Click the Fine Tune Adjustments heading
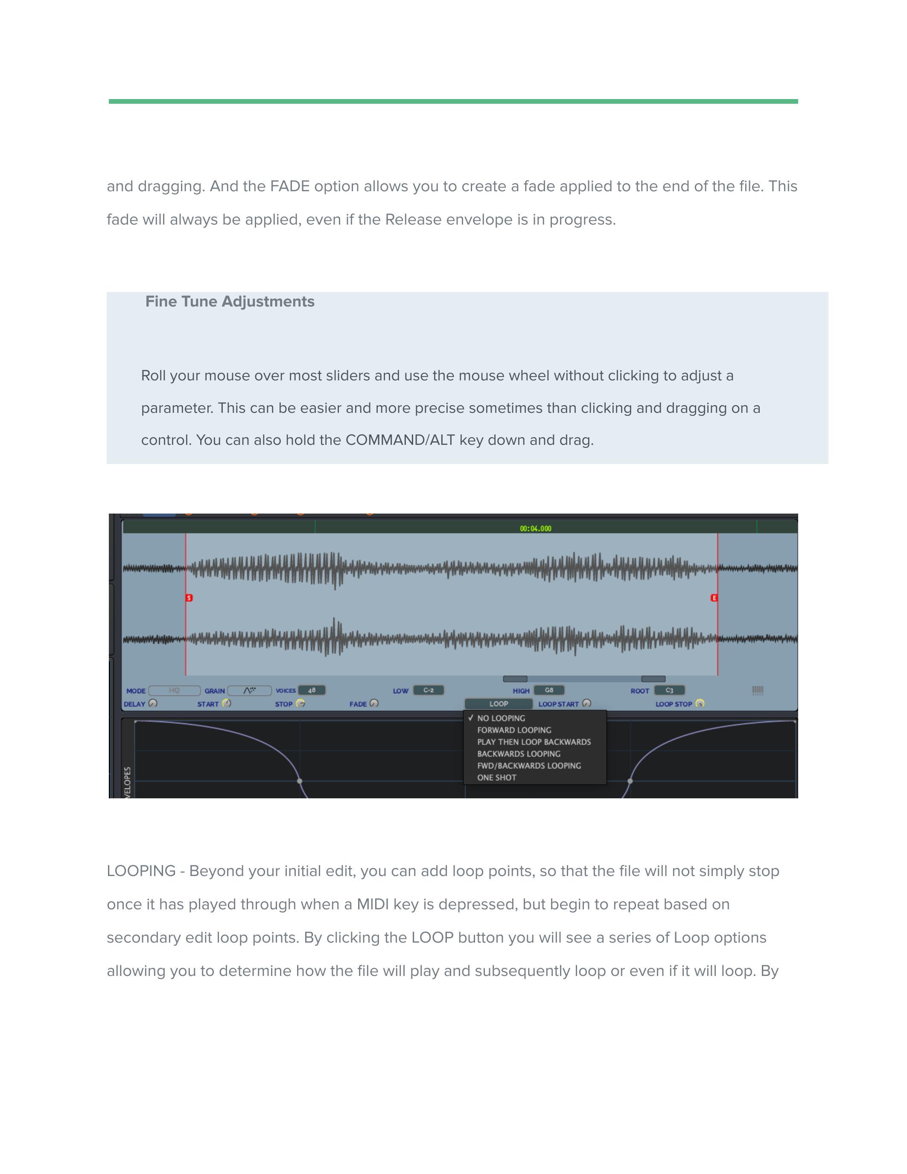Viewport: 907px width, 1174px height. click(x=230, y=301)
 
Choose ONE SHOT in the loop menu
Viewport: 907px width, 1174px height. click(x=496, y=777)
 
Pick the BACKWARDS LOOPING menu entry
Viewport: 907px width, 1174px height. click(x=519, y=753)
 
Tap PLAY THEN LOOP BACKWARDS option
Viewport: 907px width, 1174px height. click(x=534, y=742)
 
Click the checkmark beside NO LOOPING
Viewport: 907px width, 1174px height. click(x=471, y=718)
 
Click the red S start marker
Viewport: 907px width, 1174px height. click(x=189, y=598)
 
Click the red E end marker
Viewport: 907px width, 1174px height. click(x=714, y=598)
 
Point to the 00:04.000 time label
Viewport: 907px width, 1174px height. click(x=535, y=529)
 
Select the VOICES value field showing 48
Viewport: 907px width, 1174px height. click(x=312, y=690)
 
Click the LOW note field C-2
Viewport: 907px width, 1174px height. click(x=428, y=690)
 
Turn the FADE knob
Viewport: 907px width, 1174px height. click(x=374, y=703)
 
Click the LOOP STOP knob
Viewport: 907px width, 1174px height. click(x=700, y=703)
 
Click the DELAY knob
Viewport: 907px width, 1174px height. click(x=153, y=703)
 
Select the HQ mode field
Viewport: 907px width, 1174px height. click(x=174, y=690)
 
